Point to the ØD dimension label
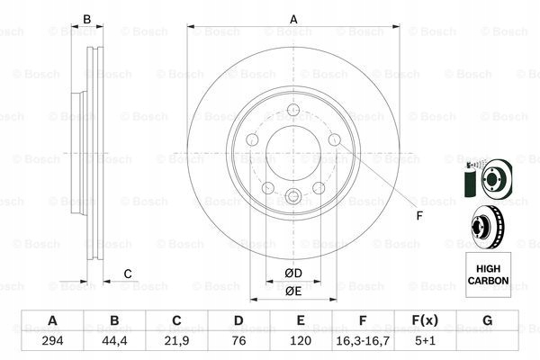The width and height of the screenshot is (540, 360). pos(292,273)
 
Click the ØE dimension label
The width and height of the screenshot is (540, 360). pos(292,290)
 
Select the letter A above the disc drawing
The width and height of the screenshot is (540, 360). pos(293,19)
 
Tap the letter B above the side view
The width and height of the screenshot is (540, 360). pos(87,19)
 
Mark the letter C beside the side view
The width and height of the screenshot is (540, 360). pos(128,274)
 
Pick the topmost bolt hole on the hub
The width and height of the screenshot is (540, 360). pos(293,112)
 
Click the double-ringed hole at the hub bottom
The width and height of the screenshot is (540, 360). pos(293,199)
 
